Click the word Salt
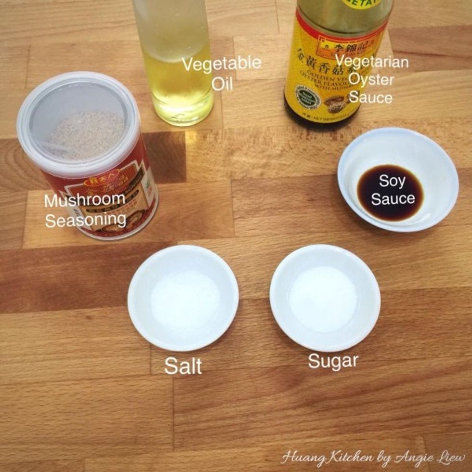click(183, 366)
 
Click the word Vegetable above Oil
click(222, 64)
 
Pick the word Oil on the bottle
click(223, 84)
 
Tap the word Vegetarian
click(372, 61)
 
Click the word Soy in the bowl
click(391, 182)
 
